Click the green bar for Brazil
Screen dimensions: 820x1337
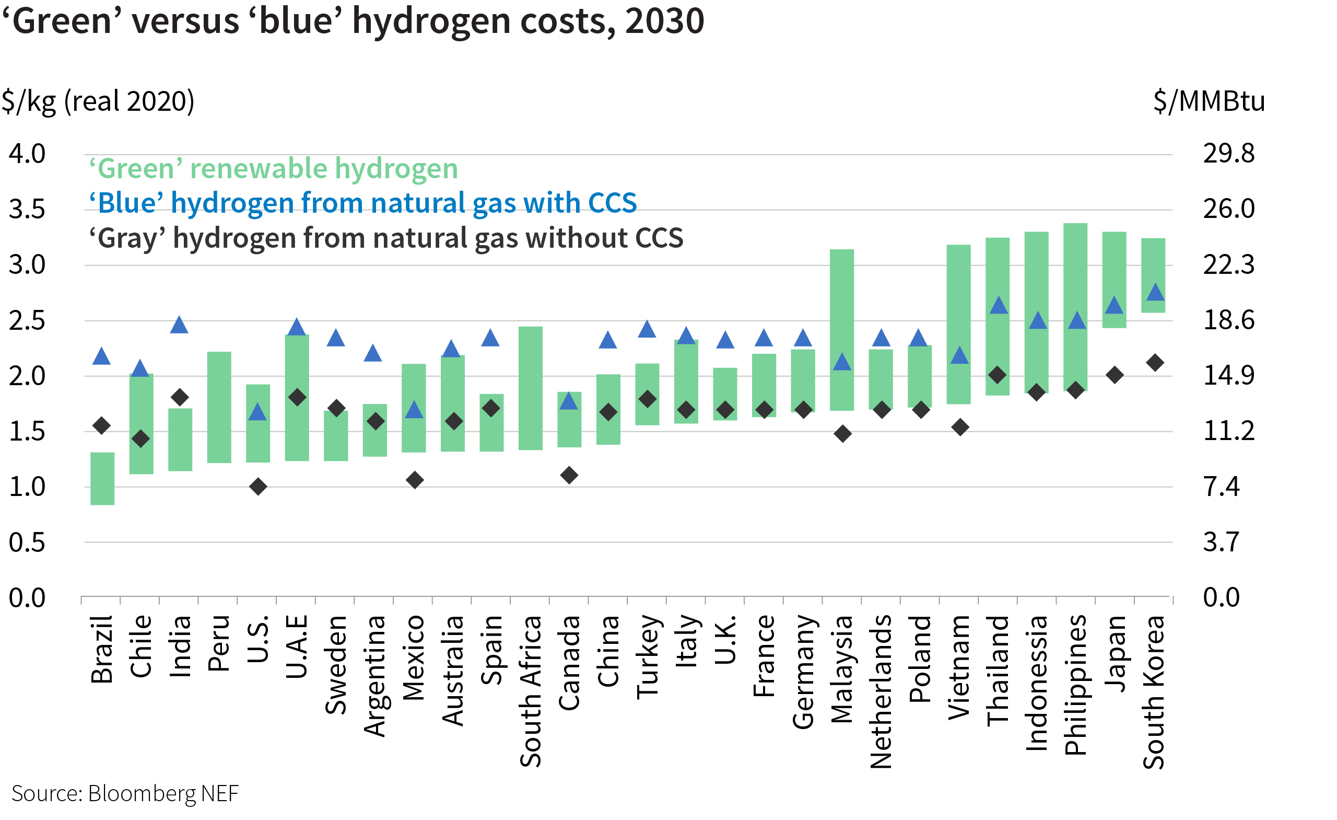(102, 479)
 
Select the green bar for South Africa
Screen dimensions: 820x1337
(531, 388)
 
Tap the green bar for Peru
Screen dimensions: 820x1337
(219, 407)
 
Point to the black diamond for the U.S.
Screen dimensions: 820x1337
(259, 486)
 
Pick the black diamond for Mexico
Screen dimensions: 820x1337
(415, 480)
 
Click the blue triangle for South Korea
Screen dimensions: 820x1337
(1155, 293)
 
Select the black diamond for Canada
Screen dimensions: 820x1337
(569, 475)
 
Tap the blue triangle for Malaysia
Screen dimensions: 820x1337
(842, 362)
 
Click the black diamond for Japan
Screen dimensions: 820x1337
(1115, 375)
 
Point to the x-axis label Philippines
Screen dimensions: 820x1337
(1075, 685)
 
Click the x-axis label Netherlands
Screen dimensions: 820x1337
(881, 691)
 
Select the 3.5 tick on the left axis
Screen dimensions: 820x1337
(27, 210)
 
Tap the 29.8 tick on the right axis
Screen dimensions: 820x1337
(1228, 154)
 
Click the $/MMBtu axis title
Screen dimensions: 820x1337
(1209, 101)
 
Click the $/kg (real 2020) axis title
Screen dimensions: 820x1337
(98, 101)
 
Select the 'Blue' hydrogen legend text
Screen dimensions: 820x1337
(362, 203)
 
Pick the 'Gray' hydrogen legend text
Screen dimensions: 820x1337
(386, 238)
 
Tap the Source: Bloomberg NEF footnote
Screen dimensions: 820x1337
(125, 793)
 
